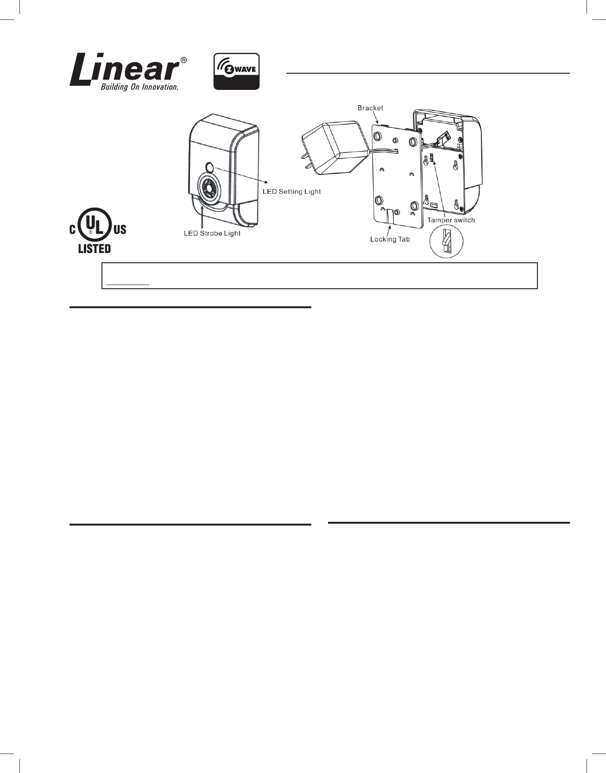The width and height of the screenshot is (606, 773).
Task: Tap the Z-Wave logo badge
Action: pos(236,71)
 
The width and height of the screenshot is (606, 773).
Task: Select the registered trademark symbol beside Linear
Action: pos(183,60)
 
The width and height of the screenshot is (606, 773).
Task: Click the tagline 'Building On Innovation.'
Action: pos(139,87)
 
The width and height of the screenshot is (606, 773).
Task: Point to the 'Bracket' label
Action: pos(370,108)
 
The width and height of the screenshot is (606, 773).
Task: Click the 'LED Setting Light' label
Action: pos(291,191)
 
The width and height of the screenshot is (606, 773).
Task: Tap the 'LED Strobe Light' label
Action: pos(212,233)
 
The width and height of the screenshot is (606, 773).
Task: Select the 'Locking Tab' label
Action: pos(390,239)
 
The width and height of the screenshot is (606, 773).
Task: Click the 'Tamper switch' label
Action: pos(451,220)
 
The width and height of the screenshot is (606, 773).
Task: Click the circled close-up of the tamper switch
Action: pos(446,242)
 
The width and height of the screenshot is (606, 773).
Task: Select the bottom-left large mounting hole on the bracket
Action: pos(379,200)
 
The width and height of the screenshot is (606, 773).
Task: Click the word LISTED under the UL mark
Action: pos(95,248)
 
